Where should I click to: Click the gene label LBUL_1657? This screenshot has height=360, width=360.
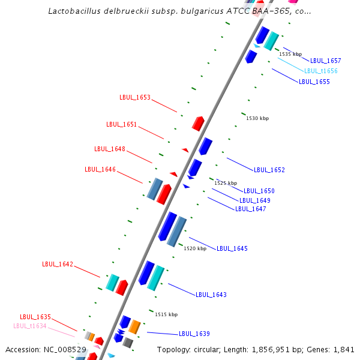[325, 61]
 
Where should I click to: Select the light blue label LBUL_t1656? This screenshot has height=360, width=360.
[320, 71]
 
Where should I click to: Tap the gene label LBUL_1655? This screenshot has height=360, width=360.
[314, 82]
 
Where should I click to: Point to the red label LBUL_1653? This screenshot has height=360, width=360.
[135, 97]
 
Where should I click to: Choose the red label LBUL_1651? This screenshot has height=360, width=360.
[122, 125]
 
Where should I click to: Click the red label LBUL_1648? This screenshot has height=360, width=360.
[110, 149]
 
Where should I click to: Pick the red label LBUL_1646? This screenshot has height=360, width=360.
[100, 169]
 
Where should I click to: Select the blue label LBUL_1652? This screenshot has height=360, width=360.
[269, 170]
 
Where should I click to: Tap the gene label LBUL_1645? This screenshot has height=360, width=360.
[232, 248]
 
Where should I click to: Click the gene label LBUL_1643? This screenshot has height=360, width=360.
[211, 295]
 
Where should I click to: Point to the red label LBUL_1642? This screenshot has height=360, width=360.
[58, 264]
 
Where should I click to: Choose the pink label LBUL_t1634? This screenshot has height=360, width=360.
[30, 326]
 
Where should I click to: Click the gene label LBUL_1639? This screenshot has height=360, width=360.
[194, 334]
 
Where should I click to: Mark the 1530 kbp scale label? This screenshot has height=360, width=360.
[257, 118]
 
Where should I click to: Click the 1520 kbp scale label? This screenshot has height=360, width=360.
[195, 248]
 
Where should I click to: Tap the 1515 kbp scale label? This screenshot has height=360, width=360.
[166, 314]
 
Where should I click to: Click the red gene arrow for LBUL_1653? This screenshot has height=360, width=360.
[198, 123]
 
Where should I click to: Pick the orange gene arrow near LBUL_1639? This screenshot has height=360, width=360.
[135, 327]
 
